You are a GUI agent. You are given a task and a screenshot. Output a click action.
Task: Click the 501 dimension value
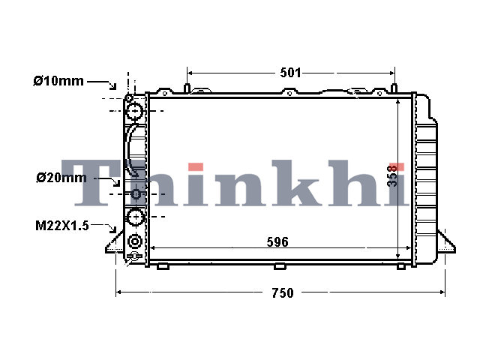tap(290, 73)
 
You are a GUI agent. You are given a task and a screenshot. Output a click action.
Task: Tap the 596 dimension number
tap(277, 242)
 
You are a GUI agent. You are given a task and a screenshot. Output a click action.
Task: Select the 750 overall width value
tap(283, 293)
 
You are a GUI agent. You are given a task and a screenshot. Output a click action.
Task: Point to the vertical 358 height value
tap(392, 175)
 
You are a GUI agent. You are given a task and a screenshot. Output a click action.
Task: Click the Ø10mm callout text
tap(58, 81)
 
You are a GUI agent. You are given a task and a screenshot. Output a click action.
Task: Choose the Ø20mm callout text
tap(61, 178)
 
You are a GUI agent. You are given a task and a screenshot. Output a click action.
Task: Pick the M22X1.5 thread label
tap(61, 226)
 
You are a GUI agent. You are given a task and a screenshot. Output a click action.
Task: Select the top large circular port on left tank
tap(135, 111)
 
